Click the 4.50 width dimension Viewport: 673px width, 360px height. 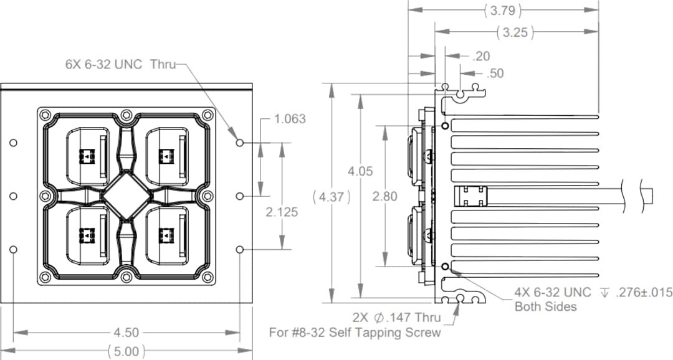coord(126,333)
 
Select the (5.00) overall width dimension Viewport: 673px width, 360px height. coord(126,351)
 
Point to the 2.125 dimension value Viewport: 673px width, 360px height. coord(282,212)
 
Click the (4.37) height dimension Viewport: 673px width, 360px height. coord(332,197)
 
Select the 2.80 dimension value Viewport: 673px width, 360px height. coord(384,197)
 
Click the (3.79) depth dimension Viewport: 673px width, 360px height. coord(502,11)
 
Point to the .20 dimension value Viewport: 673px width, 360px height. coord(481,56)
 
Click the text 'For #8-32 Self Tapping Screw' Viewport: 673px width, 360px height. coord(355,333)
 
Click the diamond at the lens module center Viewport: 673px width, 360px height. coord(126,196)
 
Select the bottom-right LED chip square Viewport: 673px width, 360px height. coord(166,235)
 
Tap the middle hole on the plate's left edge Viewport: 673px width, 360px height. coord(14,196)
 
